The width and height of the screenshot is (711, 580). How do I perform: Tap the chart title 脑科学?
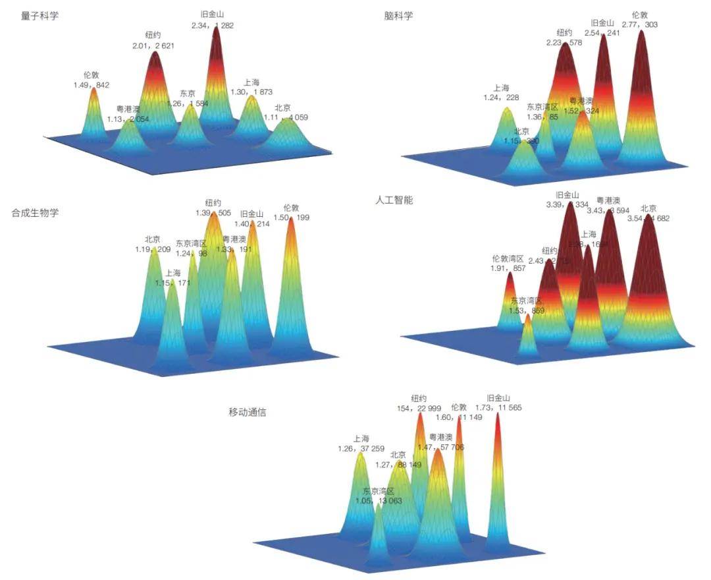tap(399, 16)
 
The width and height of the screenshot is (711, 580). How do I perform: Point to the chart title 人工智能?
tap(394, 200)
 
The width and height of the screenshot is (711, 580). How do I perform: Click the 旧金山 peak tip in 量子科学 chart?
tap(217, 29)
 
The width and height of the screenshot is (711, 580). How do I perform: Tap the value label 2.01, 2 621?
tap(153, 46)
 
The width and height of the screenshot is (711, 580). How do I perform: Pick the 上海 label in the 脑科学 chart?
tap(501, 88)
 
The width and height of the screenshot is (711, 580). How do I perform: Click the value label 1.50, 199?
tap(292, 217)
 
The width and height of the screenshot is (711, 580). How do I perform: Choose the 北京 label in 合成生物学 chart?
tap(152, 240)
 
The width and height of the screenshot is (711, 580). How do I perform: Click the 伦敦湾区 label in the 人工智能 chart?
tap(508, 259)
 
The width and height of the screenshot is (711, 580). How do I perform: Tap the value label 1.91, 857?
tap(508, 269)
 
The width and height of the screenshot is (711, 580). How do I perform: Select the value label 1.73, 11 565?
tap(499, 408)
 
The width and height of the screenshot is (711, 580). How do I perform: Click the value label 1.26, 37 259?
tap(360, 449)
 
